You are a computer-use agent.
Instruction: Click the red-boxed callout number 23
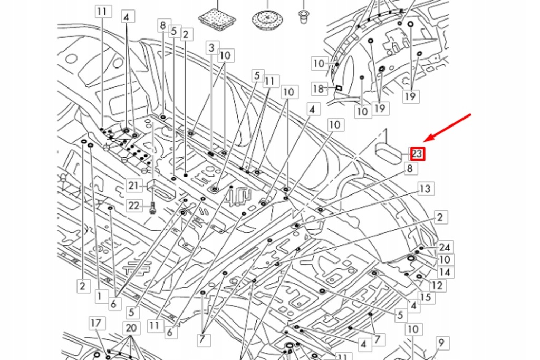[x=417, y=154]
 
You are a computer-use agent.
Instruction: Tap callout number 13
[x=425, y=189]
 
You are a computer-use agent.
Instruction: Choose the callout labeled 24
[x=445, y=248]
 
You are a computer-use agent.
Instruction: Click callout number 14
[x=445, y=272]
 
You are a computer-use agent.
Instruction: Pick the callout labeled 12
[x=437, y=286]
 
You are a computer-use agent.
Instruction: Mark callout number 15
[x=426, y=297]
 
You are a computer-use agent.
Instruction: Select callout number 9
[x=442, y=344]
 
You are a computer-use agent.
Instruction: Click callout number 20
[x=131, y=328]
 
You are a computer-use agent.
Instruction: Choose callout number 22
[x=134, y=205]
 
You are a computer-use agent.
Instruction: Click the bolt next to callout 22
[x=152, y=207]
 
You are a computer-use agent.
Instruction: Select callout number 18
[x=319, y=89]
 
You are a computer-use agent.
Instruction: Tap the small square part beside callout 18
[x=339, y=87]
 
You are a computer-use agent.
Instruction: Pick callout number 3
[x=211, y=48]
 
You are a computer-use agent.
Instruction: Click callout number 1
[x=99, y=297]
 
